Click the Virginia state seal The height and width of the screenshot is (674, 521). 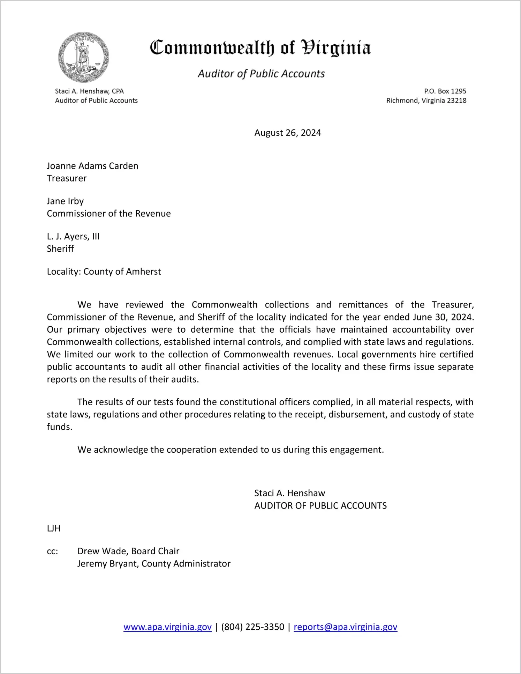point(84,57)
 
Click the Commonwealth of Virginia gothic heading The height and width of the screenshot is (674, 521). point(260,48)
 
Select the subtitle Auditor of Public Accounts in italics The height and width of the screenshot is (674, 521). point(261,74)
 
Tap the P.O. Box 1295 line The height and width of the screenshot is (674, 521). point(445,91)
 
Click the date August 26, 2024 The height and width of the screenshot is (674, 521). point(287,133)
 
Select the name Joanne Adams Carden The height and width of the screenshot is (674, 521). point(92,166)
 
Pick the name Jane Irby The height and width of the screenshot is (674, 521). point(65,201)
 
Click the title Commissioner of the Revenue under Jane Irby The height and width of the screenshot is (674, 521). point(109,214)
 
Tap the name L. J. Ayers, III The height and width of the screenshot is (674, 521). point(73,236)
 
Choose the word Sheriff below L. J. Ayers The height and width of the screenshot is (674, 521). point(60,249)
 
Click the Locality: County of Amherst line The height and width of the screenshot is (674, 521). point(104,272)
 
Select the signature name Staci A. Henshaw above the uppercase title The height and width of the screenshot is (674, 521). point(289,493)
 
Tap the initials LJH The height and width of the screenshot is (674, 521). point(54,528)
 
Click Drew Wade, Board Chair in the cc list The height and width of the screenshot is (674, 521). point(128,551)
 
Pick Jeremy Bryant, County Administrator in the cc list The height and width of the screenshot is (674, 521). point(154,564)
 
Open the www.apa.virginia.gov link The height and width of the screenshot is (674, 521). point(167,627)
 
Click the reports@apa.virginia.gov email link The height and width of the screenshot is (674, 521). point(345,627)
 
